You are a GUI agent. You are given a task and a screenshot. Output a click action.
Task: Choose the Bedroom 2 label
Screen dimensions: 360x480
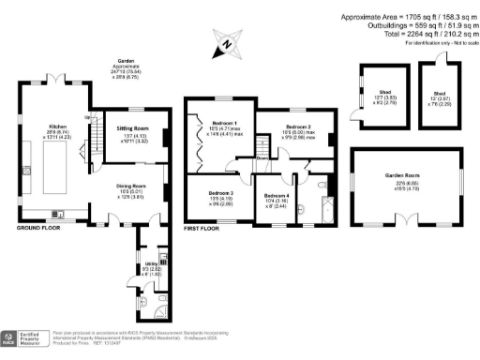[x=298, y=126]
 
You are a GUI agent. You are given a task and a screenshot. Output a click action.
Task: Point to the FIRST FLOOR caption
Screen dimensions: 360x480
[x=202, y=228]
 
